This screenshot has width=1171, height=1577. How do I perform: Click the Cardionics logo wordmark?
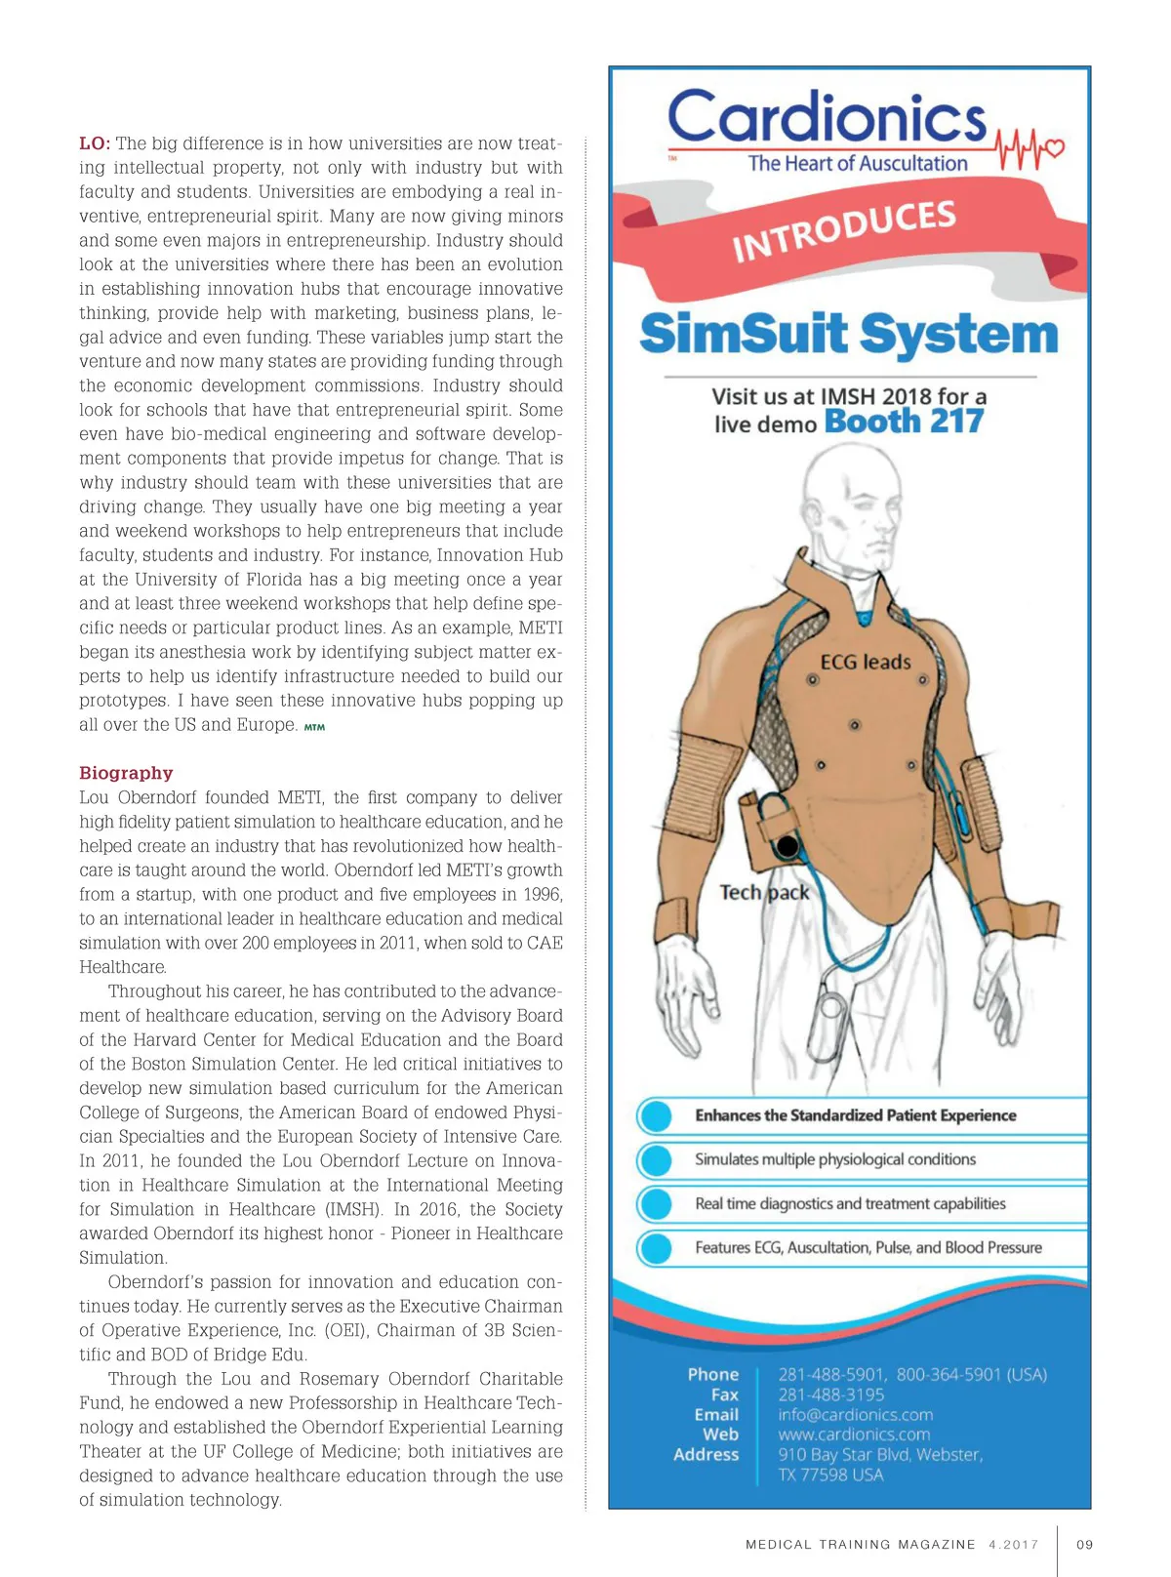(828, 118)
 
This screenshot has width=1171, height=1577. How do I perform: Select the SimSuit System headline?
(849, 334)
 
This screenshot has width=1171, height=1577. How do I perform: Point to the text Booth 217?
(904, 422)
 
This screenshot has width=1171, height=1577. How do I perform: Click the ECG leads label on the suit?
(865, 663)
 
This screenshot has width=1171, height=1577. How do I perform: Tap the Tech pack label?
(764, 892)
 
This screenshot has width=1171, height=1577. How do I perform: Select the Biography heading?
(126, 773)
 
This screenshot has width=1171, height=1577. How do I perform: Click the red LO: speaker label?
(95, 143)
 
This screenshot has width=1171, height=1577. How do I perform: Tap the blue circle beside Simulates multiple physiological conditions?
(657, 1159)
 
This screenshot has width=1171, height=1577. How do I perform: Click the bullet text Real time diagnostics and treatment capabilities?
(850, 1203)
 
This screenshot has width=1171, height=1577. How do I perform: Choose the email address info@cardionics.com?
(855, 1415)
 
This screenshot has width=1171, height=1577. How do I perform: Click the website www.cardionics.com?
(854, 1435)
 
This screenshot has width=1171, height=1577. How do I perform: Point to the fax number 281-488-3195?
(830, 1395)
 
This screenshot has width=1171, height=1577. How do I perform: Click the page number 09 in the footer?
(1084, 1545)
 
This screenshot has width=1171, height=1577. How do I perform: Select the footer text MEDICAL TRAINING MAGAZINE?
(860, 1545)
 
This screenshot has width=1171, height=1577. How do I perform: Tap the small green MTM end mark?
(314, 727)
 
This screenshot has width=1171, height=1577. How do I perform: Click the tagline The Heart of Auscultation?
(857, 164)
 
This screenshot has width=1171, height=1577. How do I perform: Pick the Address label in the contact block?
(706, 1454)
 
